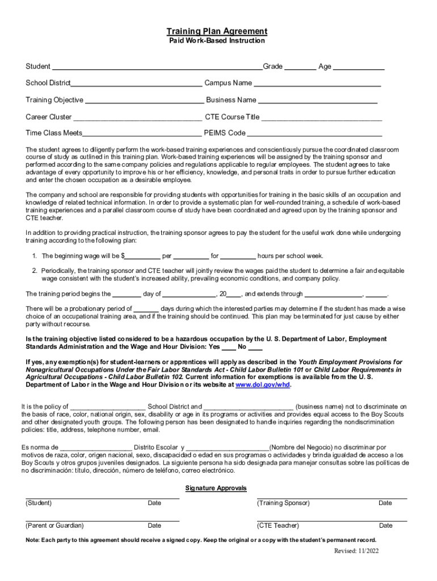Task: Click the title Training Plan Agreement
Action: [x=217, y=31]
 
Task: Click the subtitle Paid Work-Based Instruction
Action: [x=217, y=41]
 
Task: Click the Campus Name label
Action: [x=228, y=83]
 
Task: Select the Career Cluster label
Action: [x=49, y=117]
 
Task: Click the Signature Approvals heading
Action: [x=216, y=489]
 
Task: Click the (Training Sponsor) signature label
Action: [x=283, y=503]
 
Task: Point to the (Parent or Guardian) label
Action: [x=54, y=525]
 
